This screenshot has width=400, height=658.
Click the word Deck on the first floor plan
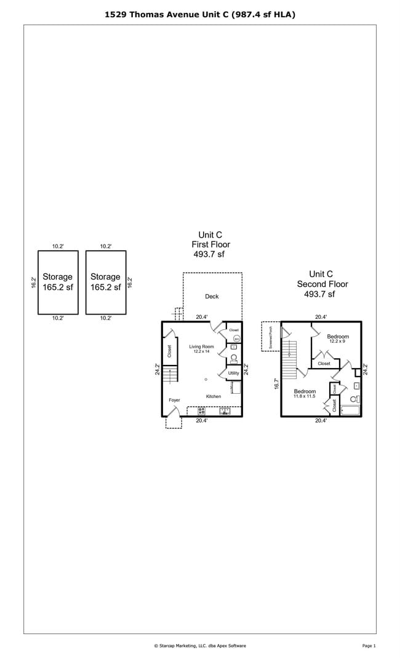(x=212, y=297)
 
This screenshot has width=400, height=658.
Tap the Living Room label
(x=201, y=347)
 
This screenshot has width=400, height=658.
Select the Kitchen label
(x=214, y=396)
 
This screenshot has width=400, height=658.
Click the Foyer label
(x=175, y=400)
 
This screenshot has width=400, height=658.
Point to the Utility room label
(x=233, y=373)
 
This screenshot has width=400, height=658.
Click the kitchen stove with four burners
(x=201, y=411)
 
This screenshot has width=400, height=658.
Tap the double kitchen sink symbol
(x=225, y=411)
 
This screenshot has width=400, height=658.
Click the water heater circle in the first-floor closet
(x=236, y=338)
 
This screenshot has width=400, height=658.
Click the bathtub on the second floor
(x=350, y=410)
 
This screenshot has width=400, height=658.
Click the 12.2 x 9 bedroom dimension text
(x=338, y=342)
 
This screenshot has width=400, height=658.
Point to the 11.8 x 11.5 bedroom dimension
(x=305, y=396)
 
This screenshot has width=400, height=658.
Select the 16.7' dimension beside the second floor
(x=277, y=384)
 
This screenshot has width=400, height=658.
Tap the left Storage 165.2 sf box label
(x=57, y=282)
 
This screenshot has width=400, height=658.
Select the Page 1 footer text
(x=369, y=646)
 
